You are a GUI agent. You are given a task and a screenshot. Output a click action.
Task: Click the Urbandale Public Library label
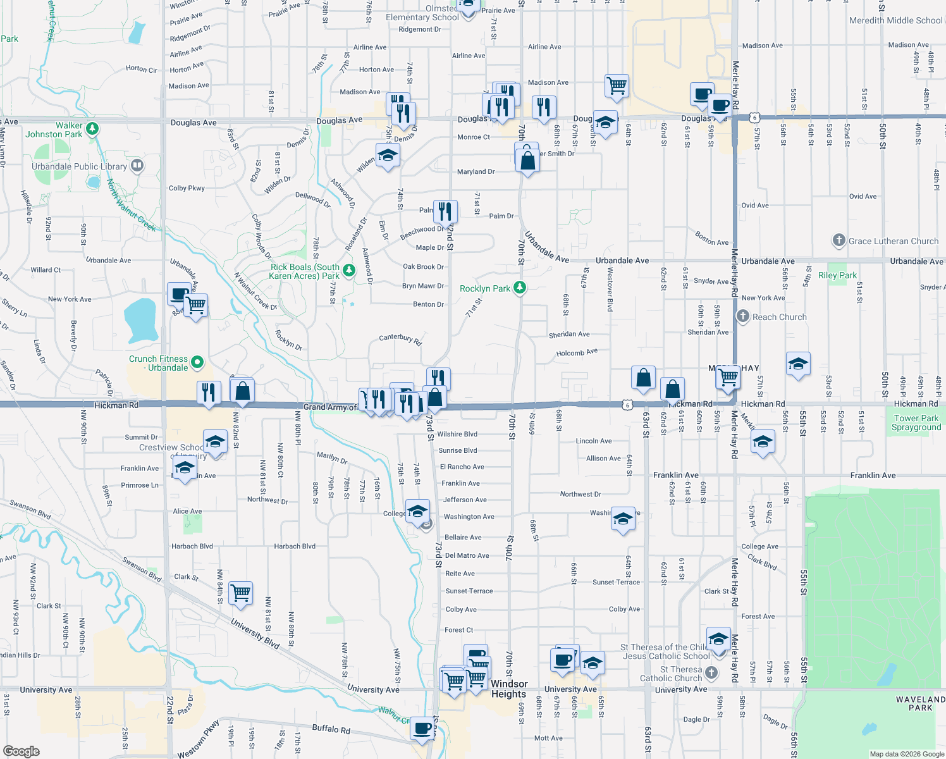tap(79, 166)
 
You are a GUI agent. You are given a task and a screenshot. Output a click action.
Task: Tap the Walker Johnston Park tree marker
tap(92, 129)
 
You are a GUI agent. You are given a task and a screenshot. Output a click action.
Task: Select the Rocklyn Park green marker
tap(520, 288)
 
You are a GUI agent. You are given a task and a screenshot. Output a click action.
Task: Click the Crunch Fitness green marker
tap(197, 362)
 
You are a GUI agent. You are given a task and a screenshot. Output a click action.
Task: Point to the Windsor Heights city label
tap(509, 689)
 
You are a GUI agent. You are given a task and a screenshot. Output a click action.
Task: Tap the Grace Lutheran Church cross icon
tap(838, 240)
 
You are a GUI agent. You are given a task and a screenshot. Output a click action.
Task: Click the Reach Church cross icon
tap(743, 316)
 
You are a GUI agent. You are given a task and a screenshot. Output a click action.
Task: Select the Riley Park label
tap(837, 275)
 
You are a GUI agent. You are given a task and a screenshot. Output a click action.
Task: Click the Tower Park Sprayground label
tap(916, 423)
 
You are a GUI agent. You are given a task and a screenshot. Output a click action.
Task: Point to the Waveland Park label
tap(920, 703)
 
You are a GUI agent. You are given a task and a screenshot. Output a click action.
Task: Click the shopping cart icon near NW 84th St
tap(241, 593)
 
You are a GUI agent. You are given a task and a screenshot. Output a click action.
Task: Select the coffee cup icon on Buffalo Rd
tap(422, 728)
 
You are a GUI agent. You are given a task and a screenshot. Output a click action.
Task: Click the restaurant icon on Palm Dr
tap(445, 211)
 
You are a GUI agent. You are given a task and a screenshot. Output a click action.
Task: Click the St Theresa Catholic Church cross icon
tap(711, 673)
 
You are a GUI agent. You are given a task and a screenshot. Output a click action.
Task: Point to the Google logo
tap(21, 751)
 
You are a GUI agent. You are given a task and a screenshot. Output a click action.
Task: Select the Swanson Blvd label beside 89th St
tap(30, 509)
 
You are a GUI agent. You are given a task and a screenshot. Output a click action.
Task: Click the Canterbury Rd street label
tap(400, 338)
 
